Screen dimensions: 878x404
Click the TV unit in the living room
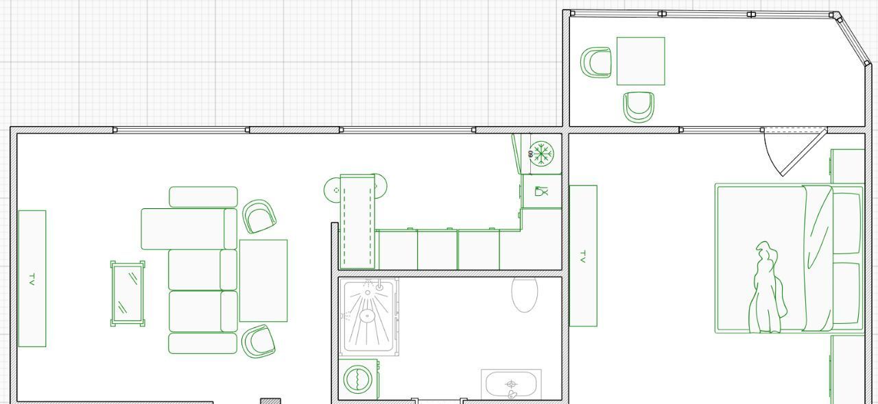point(32,278)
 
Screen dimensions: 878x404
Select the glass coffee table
point(128,294)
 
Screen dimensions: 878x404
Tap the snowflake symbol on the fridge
point(542,153)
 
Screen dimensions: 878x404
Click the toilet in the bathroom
point(525,294)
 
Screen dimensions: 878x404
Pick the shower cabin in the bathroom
point(369,317)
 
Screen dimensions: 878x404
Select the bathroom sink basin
point(511,384)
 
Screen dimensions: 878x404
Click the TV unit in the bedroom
point(583,255)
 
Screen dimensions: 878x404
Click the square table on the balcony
point(641,61)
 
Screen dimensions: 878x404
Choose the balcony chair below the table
point(639,107)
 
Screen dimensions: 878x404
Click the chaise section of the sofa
point(189,229)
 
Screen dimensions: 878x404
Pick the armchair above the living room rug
point(259,216)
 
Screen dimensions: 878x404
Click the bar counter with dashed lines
point(357,222)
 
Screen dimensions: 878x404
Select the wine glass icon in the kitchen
point(542,192)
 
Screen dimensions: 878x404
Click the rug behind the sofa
point(263,281)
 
